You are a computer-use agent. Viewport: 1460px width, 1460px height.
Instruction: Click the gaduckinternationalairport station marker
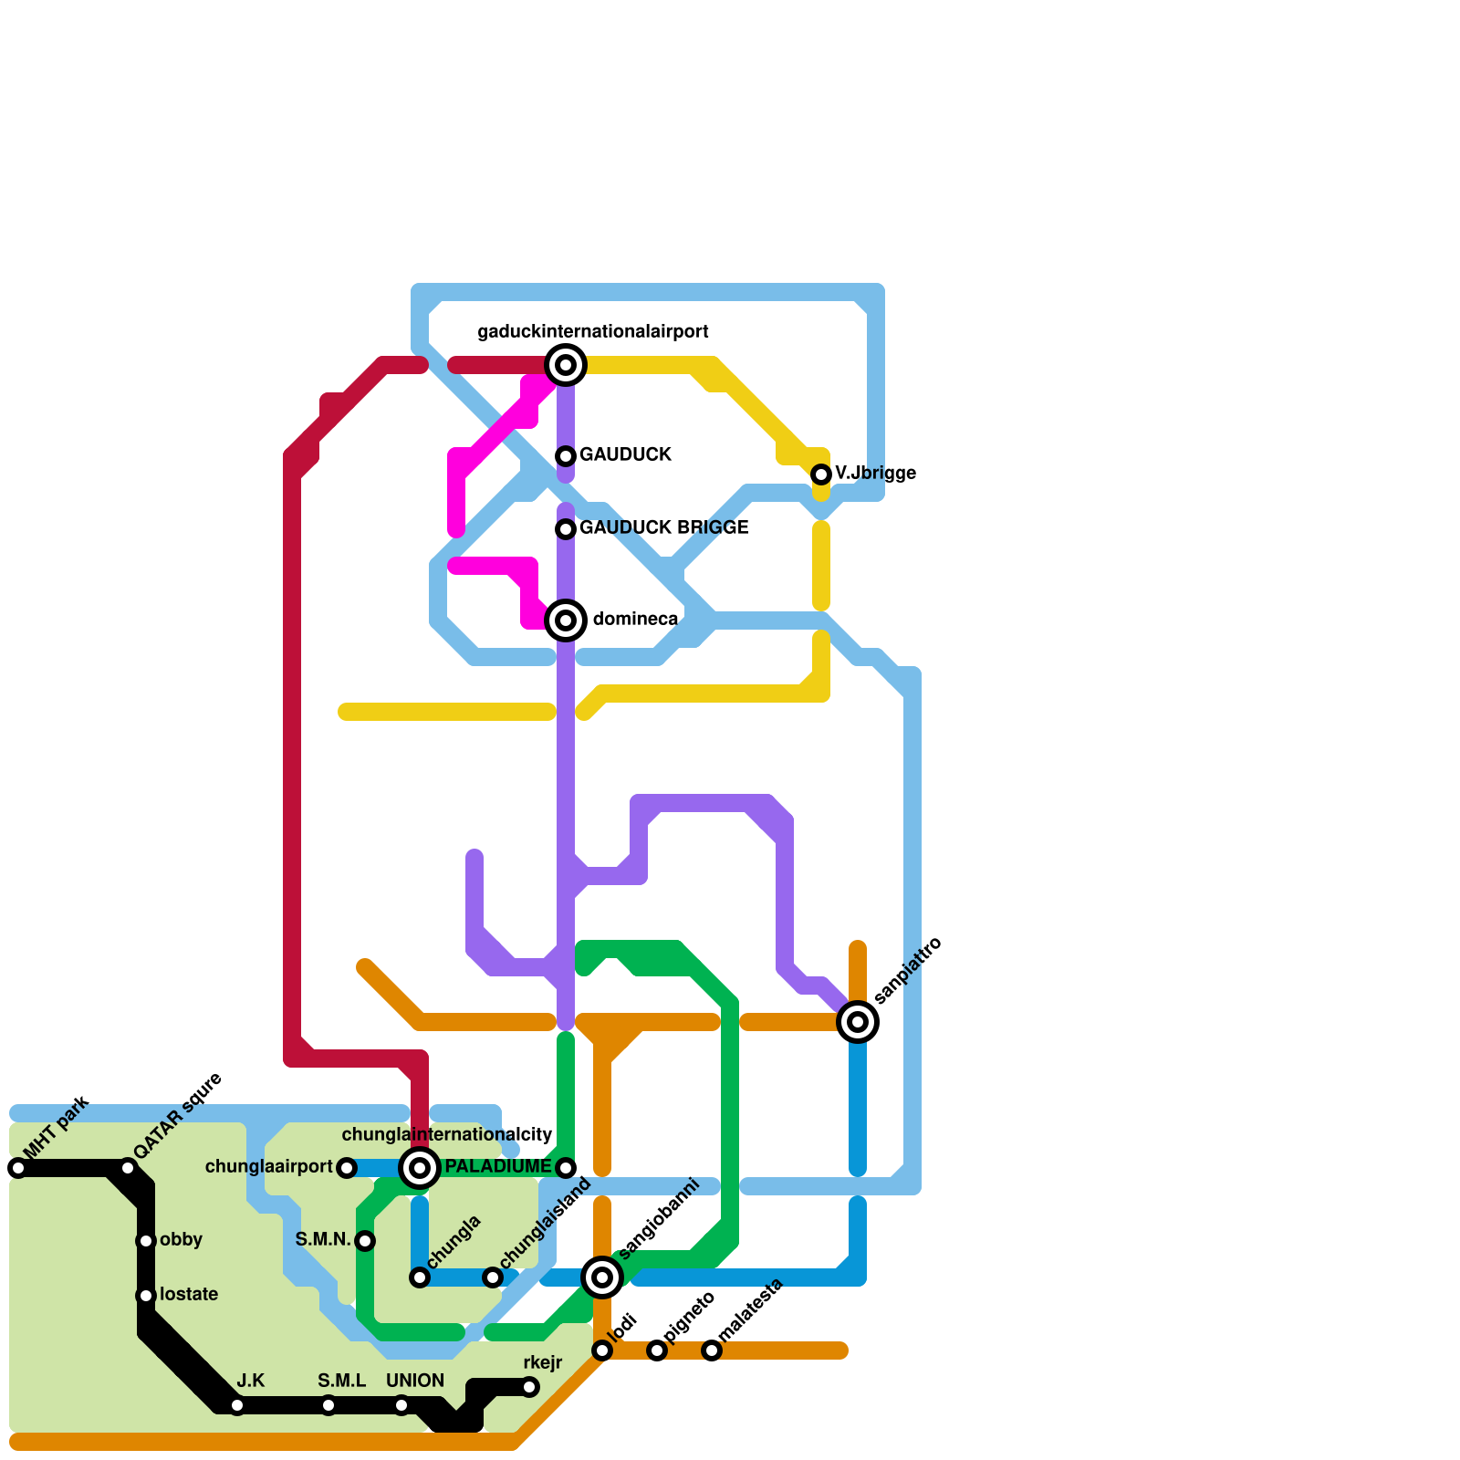(x=566, y=365)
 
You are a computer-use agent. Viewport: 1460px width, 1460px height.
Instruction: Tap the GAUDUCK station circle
(x=566, y=456)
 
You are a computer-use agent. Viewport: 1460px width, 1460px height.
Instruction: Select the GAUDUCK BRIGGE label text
(x=663, y=527)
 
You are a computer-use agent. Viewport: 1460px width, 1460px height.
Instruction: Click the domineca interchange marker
(x=566, y=620)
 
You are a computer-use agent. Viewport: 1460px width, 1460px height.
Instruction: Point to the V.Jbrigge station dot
(x=821, y=474)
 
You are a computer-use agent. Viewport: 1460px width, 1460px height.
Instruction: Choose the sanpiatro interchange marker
(x=858, y=1022)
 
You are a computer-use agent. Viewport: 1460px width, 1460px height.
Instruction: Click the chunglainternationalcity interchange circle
(x=420, y=1168)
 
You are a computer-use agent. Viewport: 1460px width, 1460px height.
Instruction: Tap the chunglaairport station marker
(x=347, y=1168)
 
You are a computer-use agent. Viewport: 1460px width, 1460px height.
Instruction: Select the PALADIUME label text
(x=497, y=1167)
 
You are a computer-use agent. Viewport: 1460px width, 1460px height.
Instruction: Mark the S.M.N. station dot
(x=365, y=1241)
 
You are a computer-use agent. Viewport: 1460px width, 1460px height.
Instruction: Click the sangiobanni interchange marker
(x=602, y=1277)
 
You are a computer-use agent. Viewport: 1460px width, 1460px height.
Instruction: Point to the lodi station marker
(x=602, y=1350)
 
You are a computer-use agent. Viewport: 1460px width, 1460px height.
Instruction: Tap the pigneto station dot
(x=657, y=1350)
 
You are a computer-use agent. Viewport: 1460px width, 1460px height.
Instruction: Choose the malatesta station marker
(x=712, y=1350)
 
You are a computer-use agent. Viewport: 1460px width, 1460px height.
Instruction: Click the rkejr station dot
(x=529, y=1387)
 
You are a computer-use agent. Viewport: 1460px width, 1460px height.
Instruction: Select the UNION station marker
(x=401, y=1405)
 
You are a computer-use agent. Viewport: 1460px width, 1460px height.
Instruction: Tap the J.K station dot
(x=237, y=1405)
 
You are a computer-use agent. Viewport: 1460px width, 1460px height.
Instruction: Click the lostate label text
(x=188, y=1295)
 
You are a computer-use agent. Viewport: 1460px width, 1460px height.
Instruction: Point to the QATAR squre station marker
(x=128, y=1168)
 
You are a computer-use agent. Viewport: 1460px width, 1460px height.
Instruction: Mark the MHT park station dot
(x=18, y=1168)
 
